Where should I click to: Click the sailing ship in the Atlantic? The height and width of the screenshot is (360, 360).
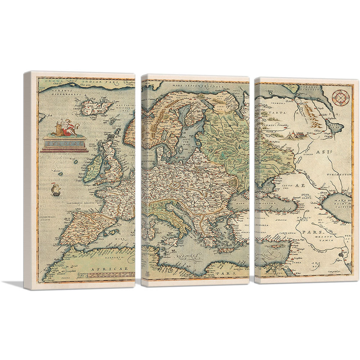tap(55, 189)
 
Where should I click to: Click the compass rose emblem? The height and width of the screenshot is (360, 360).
tap(339, 96)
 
